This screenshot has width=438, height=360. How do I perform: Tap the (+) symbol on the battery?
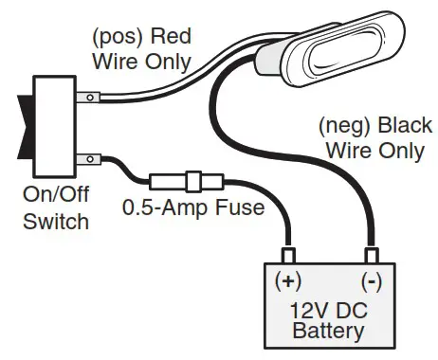pyautogui.click(x=288, y=281)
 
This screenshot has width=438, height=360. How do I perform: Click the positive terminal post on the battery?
pyautogui.click(x=288, y=254)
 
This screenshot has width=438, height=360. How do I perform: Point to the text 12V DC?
pyautogui.click(x=329, y=309)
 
